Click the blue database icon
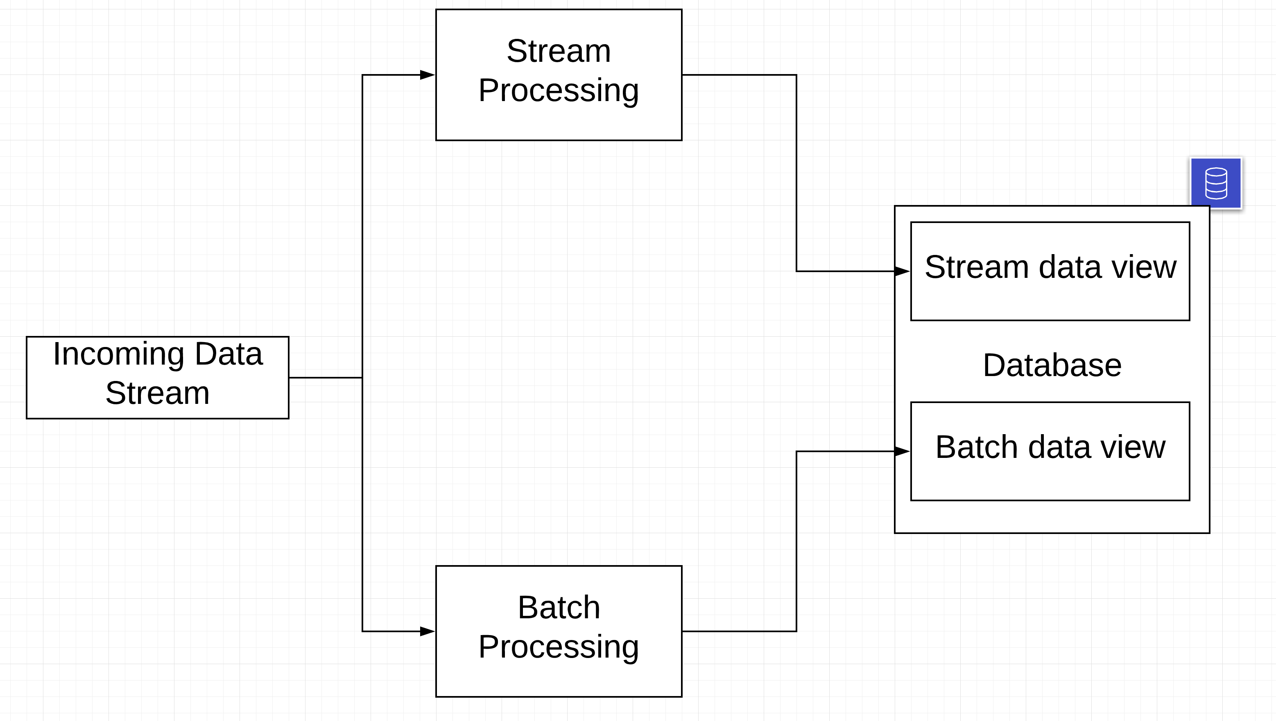tap(1215, 183)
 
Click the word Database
tap(1052, 365)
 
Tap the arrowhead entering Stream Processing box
tap(427, 75)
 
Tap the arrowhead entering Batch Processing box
tap(427, 631)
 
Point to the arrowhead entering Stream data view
tap(902, 271)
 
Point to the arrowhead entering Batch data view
tap(902, 451)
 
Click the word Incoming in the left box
tap(118, 354)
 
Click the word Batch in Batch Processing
tap(559, 608)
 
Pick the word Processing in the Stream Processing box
tap(559, 90)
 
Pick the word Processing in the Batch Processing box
tap(559, 647)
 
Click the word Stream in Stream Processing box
tap(559, 51)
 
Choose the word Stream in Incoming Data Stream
tap(157, 393)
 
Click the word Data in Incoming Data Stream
tap(229, 354)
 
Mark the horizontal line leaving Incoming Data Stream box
tap(325, 377)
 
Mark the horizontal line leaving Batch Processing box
tap(738, 631)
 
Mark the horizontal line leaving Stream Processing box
tap(738, 75)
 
